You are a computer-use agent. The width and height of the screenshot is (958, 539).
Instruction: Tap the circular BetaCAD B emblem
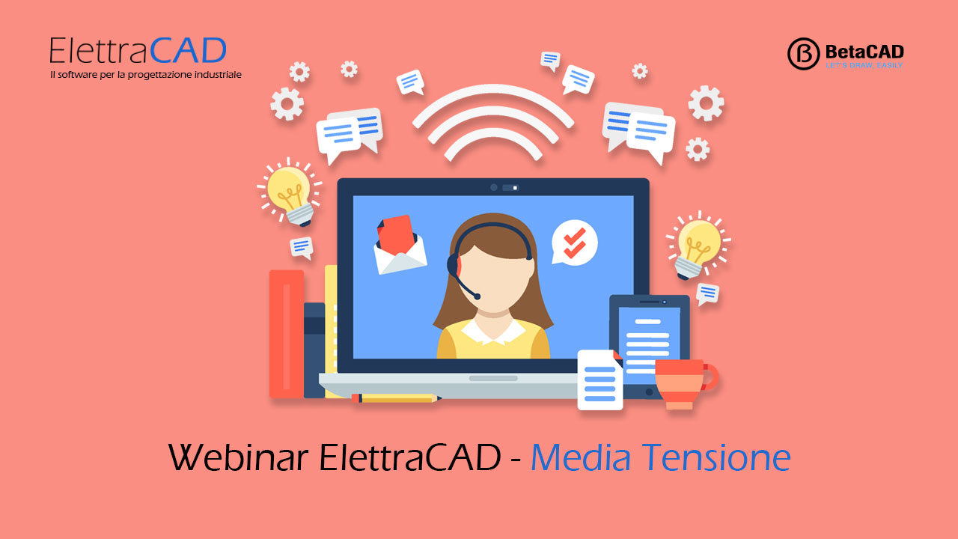[803, 53]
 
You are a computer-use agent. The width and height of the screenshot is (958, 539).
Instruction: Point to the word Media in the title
[580, 457]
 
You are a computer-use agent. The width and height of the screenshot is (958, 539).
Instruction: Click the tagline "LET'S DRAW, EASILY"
[864, 65]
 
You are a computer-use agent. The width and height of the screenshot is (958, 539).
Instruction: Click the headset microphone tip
[477, 296]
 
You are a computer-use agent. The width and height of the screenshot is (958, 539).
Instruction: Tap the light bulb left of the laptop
[290, 192]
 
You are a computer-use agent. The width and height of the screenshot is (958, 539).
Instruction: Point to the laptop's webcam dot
[493, 187]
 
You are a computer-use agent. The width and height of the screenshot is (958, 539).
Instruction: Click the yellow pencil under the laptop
[397, 398]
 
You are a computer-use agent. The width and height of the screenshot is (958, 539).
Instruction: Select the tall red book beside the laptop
[286, 334]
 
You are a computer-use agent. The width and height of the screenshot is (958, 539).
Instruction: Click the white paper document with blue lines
[600, 380]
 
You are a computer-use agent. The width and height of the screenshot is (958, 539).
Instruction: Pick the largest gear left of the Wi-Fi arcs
[287, 103]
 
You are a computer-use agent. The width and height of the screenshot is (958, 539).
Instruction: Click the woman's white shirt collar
[493, 332]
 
